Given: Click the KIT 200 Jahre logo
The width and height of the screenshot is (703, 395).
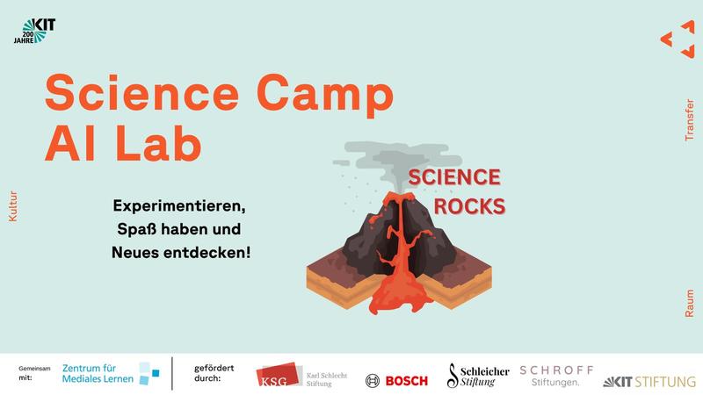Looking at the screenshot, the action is tap(34, 31).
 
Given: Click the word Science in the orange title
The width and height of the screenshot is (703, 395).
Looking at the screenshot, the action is tap(142, 92).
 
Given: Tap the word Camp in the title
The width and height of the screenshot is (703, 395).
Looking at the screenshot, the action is tap(325, 96).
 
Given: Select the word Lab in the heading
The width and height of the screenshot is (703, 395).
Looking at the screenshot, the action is tap(159, 142).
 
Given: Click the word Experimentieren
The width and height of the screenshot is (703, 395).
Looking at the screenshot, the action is tap(179, 206).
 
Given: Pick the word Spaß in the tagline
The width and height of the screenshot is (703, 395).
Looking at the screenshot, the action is tap(136, 229).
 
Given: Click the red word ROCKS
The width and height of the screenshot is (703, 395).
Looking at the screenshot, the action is tap(469, 206).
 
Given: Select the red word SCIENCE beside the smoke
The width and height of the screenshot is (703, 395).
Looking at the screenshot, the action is tap(454, 177).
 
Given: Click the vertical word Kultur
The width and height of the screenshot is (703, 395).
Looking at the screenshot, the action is tap(13, 206).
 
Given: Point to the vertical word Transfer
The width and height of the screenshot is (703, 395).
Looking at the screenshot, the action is tap(689, 120).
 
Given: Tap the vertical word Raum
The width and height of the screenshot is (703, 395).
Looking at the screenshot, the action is tap(689, 303).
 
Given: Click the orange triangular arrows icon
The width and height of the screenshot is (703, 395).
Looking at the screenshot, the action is tap(678, 39).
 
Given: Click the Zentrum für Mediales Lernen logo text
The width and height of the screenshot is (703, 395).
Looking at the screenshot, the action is tap(98, 374).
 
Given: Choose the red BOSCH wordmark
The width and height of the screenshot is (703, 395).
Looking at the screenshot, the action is tap(407, 381).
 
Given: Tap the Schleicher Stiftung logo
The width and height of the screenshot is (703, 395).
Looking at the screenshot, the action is tap(478, 376).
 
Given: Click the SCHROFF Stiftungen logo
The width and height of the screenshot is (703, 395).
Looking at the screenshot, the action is tap(556, 377).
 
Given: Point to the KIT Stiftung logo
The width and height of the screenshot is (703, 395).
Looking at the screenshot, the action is tap(649, 382).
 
